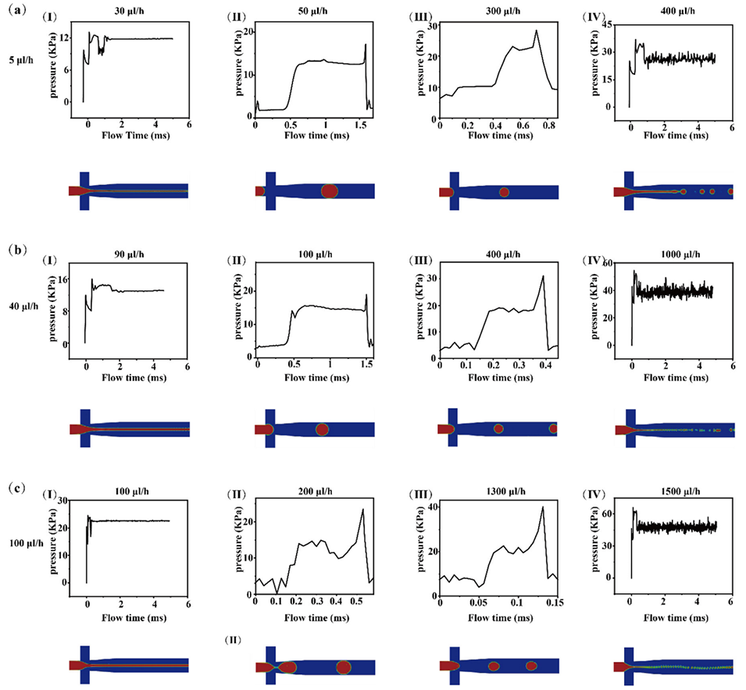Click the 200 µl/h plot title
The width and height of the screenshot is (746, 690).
click(312, 491)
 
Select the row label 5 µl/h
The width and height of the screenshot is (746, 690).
click(21, 59)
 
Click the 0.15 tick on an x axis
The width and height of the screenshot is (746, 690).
click(555, 603)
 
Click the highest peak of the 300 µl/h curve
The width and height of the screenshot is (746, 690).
click(537, 31)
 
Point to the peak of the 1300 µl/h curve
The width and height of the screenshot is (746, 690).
click(542, 507)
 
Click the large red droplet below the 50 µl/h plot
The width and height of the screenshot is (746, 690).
click(329, 191)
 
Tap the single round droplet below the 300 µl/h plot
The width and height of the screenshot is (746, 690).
click(504, 192)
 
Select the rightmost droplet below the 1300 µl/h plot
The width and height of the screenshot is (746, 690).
click(531, 666)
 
